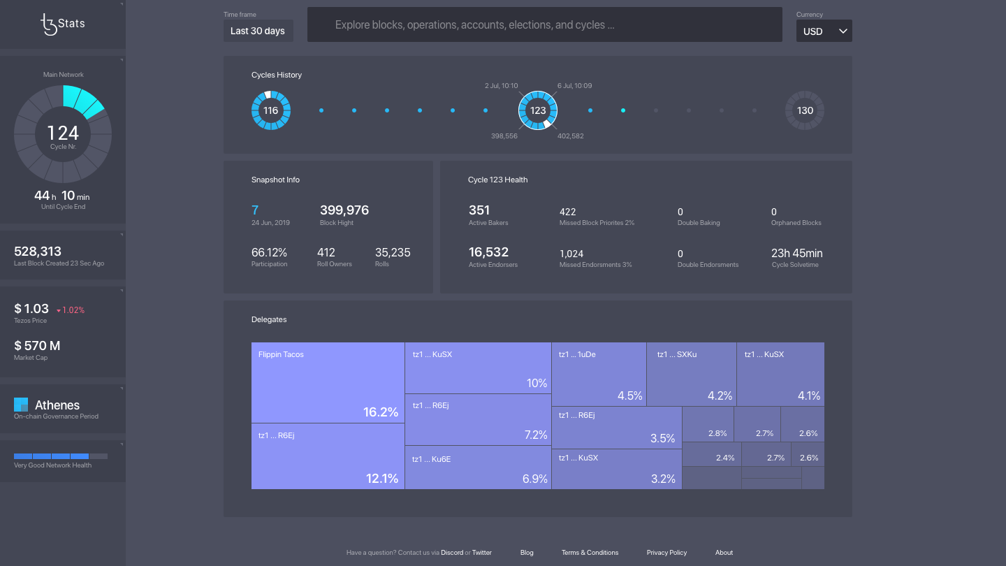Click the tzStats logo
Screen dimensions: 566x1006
[62, 24]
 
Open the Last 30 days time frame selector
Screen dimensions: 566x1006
[258, 31]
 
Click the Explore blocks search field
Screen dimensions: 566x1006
[544, 25]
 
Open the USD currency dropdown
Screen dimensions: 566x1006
[824, 31]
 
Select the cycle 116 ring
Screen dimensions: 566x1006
[271, 110]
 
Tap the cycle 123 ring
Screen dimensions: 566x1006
[538, 110]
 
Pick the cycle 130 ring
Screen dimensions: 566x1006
[805, 110]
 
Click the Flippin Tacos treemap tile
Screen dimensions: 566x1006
[328, 382]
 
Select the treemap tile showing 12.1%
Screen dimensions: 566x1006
[328, 456]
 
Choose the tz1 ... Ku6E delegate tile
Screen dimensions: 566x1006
[478, 467]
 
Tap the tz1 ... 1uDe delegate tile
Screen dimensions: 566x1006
[599, 374]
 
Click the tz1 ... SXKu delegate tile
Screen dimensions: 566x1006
[691, 374]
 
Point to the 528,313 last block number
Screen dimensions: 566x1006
[38, 252]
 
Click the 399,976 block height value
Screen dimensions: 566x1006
[344, 210]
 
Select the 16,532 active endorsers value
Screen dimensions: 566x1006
[488, 252]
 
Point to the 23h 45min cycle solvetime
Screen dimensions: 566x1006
[797, 253]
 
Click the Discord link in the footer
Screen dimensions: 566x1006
[452, 553]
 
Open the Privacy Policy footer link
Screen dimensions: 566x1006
[666, 553]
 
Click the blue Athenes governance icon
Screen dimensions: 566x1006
[21, 405]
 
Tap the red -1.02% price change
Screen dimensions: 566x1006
[70, 310]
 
